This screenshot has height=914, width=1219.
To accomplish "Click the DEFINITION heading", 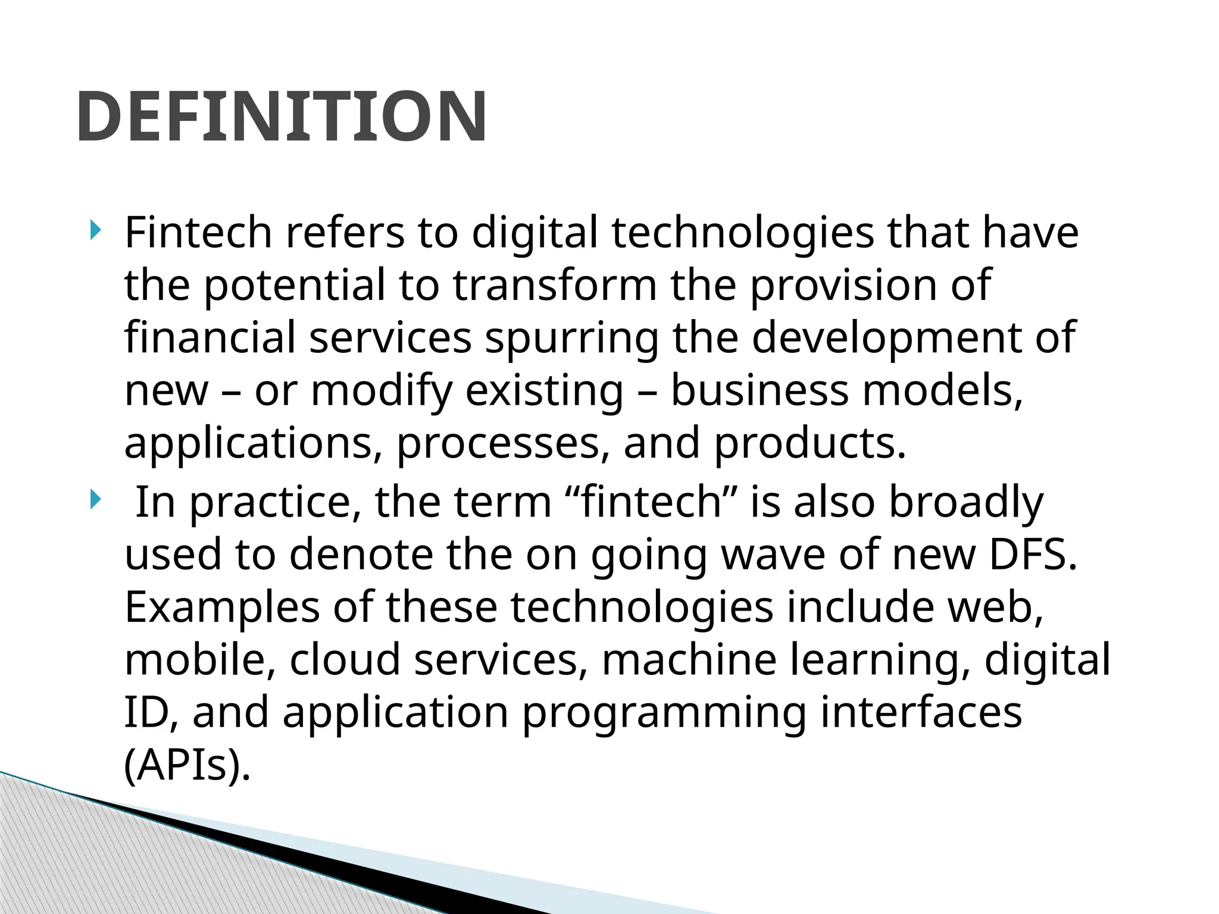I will (282, 117).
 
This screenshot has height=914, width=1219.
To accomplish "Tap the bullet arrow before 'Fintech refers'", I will (95, 230).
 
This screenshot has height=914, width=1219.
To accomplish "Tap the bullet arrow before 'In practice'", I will (95, 500).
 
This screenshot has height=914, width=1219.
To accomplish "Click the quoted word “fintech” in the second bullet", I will (649, 502).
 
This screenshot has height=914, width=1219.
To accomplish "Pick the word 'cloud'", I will (345, 660).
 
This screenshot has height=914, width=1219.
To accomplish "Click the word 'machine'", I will (689, 660).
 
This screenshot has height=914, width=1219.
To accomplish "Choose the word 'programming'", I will (664, 712).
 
